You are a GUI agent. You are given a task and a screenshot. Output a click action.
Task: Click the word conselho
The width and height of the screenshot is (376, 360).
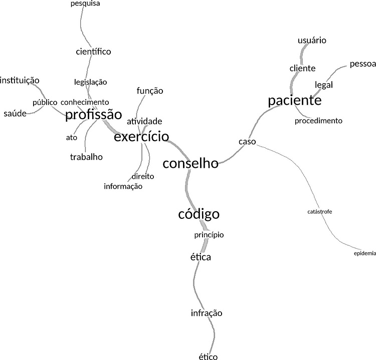191,164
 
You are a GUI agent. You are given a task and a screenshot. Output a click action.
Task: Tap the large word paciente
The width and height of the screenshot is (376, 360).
294,101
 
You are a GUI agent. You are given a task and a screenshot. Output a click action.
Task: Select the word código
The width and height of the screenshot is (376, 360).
199,214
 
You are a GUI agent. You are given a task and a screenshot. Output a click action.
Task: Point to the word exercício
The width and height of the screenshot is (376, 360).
141,137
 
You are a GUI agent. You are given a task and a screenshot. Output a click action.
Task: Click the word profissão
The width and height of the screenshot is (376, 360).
94,115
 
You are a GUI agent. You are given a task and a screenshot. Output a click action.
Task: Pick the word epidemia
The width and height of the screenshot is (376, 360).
365,253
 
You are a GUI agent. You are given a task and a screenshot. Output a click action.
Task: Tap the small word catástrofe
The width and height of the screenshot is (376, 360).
319,212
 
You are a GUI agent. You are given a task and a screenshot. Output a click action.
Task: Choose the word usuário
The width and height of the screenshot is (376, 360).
312,40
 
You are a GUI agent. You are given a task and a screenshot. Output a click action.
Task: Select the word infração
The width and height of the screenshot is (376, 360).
206,313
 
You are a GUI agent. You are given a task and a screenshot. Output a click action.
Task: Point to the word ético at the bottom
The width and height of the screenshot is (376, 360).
208,356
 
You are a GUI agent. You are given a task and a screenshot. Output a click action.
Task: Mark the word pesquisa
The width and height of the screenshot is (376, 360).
85,4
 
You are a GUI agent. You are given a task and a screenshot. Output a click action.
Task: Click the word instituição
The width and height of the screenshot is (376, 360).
20,80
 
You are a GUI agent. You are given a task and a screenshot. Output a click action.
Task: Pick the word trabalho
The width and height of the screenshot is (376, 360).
86,157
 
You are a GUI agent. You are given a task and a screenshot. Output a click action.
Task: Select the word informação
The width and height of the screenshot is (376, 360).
123,186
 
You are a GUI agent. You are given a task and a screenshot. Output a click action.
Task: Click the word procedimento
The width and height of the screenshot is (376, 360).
318,121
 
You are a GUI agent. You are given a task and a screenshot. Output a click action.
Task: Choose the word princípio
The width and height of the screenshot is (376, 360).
209,235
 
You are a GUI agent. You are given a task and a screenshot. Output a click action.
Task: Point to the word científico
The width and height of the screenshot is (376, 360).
93,52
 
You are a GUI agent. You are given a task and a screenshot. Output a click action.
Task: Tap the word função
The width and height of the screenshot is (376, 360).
150,91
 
